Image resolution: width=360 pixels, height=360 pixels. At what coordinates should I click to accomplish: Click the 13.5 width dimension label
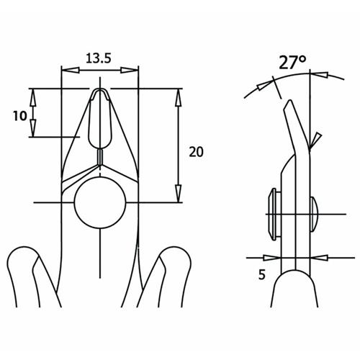click(x=99, y=58)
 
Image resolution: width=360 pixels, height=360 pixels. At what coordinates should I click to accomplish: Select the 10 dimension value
click(x=20, y=116)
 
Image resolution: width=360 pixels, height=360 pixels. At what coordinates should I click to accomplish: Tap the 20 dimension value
click(x=196, y=152)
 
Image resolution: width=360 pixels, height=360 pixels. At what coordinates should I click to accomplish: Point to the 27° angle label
click(x=292, y=63)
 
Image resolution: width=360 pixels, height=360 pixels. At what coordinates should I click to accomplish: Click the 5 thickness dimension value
click(x=262, y=274)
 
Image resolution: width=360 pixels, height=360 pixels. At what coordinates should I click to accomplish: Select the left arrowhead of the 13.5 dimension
click(x=71, y=70)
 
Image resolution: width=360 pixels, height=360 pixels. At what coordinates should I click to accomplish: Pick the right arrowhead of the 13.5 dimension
click(x=130, y=70)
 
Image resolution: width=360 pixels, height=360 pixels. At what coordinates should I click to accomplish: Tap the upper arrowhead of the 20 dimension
click(x=178, y=98)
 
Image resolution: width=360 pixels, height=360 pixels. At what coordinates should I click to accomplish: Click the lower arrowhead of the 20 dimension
click(x=178, y=194)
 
